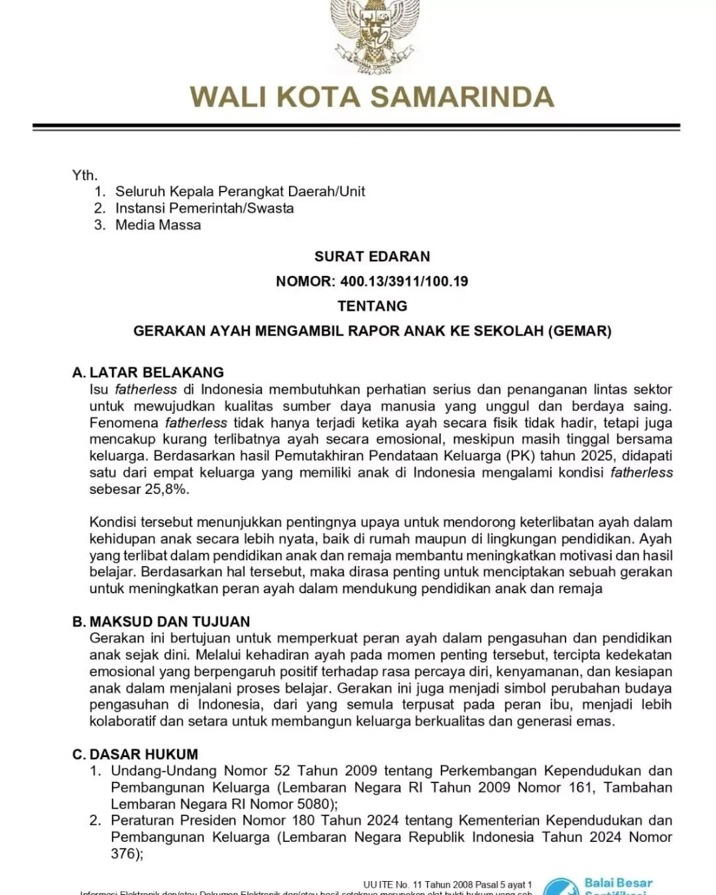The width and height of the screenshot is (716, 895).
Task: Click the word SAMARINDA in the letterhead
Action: pos(461,97)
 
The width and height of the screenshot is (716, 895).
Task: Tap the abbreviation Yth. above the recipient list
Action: pos(85,175)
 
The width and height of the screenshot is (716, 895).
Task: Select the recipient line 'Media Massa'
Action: pos(158,225)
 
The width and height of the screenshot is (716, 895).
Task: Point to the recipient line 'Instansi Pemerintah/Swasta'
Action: pos(204,208)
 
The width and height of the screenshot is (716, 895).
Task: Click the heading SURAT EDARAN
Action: pos(372,257)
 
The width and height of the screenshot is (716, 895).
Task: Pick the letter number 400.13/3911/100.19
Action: pos(404,281)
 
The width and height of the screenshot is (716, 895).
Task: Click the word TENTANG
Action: pos(372,306)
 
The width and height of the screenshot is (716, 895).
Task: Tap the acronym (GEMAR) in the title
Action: pos(579,331)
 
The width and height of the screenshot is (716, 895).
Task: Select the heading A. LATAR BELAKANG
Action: pos(148,373)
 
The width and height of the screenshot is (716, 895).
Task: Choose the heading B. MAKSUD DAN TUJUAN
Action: pos(161,622)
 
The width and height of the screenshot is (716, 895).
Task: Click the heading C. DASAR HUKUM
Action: pos(135,754)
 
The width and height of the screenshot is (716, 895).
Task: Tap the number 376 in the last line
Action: pos(123,854)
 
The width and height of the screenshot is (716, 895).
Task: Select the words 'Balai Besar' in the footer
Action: pos(618,883)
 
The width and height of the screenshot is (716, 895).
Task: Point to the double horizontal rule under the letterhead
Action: pos(357,127)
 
